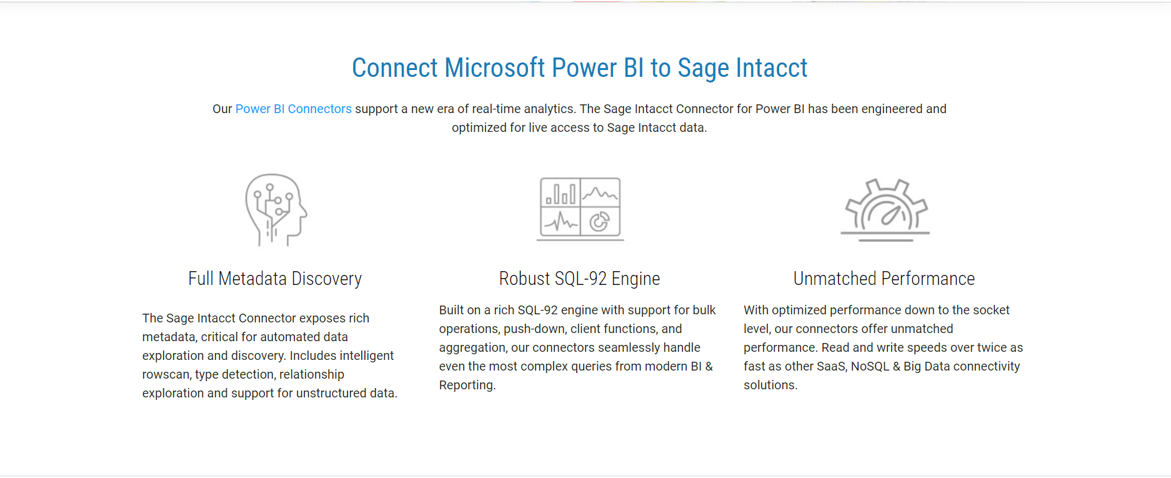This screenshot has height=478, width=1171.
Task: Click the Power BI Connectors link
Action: click(x=294, y=109)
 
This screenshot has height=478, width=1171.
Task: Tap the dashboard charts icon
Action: click(x=581, y=209)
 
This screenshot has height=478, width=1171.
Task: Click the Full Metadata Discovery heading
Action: click(x=275, y=279)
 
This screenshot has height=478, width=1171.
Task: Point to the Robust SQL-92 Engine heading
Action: click(x=579, y=279)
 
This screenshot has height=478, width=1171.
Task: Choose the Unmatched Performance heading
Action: click(x=884, y=279)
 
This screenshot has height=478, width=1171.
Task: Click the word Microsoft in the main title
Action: click(x=495, y=68)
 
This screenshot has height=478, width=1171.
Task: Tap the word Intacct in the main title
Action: click(x=772, y=68)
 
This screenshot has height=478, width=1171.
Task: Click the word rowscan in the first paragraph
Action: click(x=165, y=374)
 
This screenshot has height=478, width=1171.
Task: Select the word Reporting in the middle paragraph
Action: click(x=467, y=385)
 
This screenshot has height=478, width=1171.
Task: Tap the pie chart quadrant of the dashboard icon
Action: click(x=600, y=221)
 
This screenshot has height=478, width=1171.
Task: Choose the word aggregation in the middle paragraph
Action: click(x=472, y=347)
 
